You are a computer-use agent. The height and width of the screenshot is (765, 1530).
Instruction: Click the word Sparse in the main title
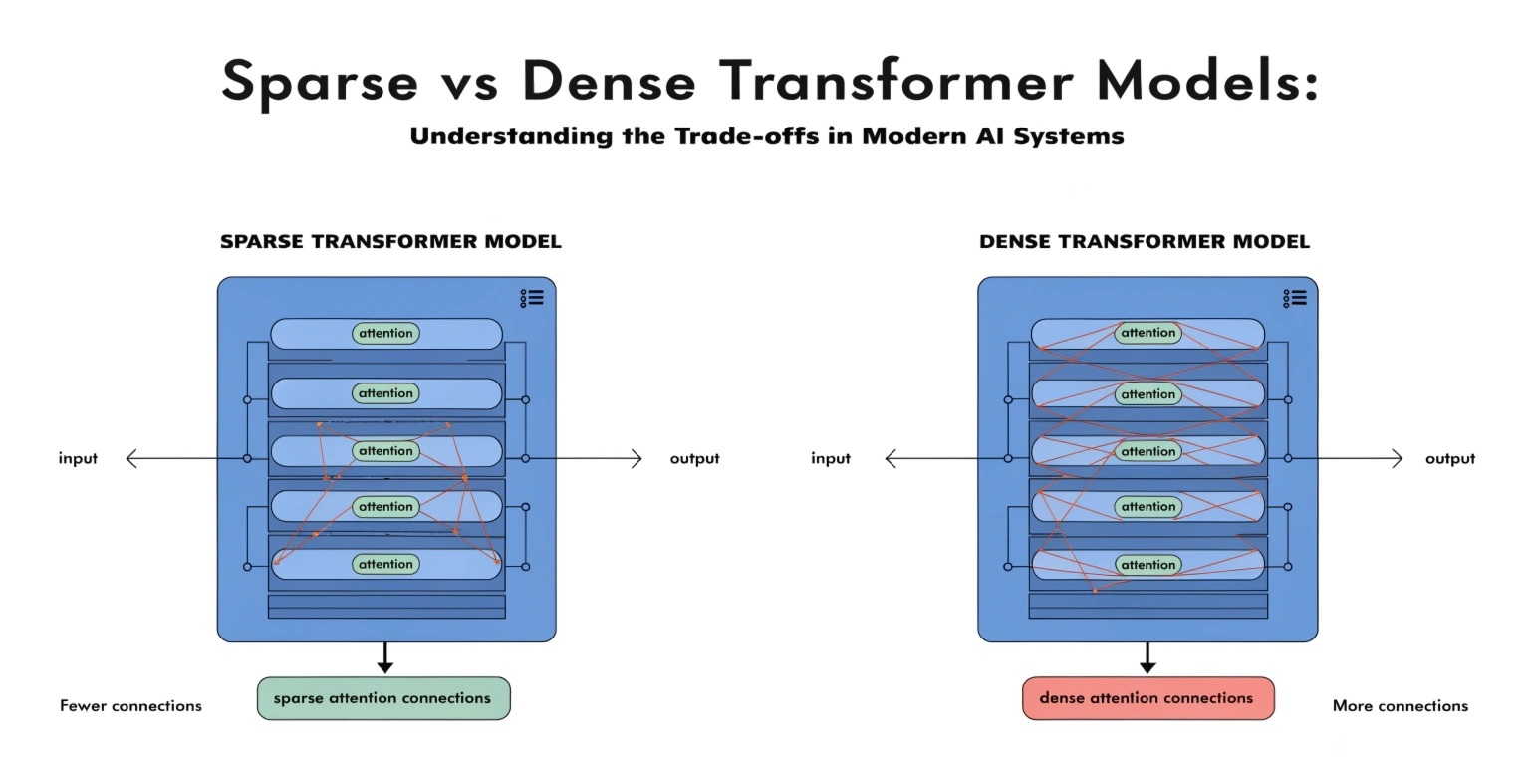tap(320, 82)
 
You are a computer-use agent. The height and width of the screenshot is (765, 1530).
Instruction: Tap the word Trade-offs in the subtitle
tap(746, 135)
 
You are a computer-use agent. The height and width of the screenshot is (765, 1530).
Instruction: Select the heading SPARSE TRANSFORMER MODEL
tap(390, 242)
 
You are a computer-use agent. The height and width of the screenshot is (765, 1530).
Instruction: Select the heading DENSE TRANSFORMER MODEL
tap(1145, 242)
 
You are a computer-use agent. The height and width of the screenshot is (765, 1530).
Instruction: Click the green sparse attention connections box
tap(383, 698)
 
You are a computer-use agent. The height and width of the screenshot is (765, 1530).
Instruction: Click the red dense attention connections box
tap(1148, 698)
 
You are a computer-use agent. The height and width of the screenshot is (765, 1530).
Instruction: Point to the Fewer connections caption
tap(131, 705)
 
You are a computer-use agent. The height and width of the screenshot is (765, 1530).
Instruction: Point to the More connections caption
tap(1401, 705)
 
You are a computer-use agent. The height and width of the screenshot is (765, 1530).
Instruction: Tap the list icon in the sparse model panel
tap(532, 299)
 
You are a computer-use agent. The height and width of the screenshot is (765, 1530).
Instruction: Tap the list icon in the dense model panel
tap(1295, 299)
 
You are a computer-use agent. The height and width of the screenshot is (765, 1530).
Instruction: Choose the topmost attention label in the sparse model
tap(385, 334)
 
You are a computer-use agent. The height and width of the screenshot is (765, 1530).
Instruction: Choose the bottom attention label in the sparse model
tap(385, 564)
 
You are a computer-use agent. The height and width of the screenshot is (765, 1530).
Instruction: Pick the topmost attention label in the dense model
tap(1148, 333)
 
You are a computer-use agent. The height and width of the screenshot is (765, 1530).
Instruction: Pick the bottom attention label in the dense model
tap(1148, 565)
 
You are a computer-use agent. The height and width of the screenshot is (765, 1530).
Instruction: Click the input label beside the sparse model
tap(78, 458)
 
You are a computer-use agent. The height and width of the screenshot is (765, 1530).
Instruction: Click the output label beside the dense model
tap(1450, 458)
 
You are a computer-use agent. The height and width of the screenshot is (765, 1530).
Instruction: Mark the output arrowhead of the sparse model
tap(637, 458)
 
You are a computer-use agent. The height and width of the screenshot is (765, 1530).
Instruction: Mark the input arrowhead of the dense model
tap(891, 458)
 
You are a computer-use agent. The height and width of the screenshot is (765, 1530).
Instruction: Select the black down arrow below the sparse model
tap(385, 657)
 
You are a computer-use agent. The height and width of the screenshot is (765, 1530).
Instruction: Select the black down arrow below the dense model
tap(1147, 657)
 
